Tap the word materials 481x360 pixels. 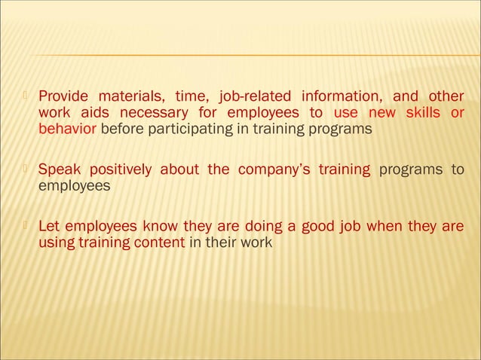coord(129,96)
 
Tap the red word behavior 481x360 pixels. coord(67,129)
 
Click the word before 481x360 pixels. coord(120,129)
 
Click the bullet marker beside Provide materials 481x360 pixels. coord(28,96)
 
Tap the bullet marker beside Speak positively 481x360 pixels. coord(28,168)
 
